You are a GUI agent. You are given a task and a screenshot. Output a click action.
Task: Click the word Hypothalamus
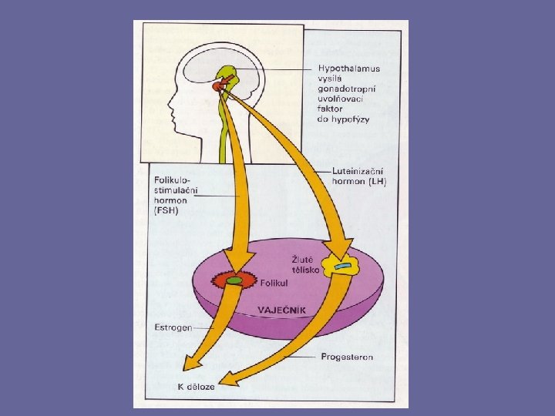349,69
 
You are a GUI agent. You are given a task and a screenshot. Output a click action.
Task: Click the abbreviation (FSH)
166,212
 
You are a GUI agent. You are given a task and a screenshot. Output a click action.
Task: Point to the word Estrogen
173,327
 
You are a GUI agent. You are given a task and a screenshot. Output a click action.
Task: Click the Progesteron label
347,357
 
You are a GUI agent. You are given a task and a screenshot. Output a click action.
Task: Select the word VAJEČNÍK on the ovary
283,310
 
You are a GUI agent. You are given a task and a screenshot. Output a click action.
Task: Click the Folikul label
274,283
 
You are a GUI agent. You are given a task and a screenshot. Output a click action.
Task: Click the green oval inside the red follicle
234,280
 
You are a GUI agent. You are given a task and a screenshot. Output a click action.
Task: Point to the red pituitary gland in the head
220,86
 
